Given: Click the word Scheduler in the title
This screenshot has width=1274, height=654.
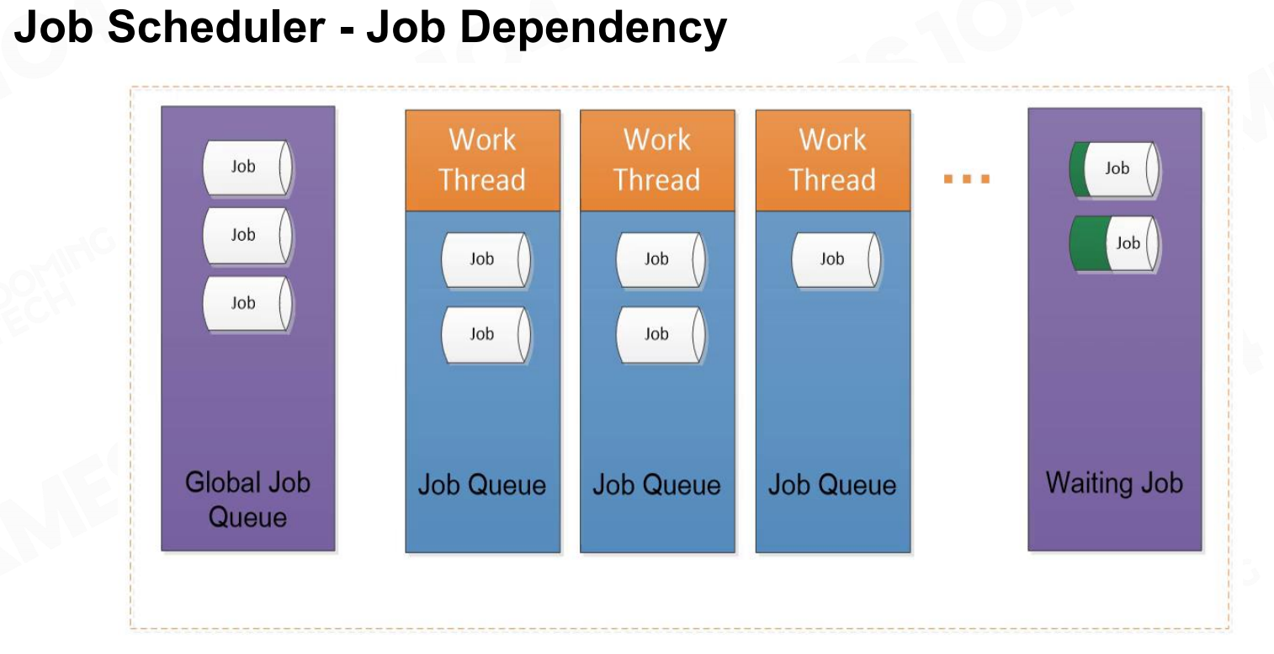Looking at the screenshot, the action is point(216,26).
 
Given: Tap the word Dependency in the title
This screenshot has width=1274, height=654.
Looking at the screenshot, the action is point(593,29).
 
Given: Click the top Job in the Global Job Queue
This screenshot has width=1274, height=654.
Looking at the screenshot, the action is point(247,167).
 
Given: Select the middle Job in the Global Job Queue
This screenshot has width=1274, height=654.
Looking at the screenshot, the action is point(247,236).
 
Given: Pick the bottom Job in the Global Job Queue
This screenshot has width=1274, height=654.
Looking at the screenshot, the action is point(247,304).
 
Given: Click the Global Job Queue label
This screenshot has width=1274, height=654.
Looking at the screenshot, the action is point(247,499).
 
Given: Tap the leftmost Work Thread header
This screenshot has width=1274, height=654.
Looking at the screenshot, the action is point(482,160).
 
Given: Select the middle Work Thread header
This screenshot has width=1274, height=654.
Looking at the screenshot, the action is point(657,160).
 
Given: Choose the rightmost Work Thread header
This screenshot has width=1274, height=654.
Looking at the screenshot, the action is point(833,160).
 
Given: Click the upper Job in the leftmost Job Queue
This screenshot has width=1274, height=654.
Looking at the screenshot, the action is point(486,260).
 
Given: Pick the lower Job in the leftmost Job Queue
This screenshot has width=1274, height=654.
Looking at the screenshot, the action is point(486,334).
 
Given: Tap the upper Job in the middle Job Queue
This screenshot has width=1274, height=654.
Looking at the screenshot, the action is point(661,260).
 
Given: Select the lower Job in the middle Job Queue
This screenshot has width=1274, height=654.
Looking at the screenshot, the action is point(661,334).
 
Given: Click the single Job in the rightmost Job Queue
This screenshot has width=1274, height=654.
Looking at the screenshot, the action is point(836,260).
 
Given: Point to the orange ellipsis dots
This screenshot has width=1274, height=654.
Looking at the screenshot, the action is point(966,179).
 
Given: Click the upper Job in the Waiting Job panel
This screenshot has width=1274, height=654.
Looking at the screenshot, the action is point(1115,169).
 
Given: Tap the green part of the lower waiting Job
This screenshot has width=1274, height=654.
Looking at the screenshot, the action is point(1090,243).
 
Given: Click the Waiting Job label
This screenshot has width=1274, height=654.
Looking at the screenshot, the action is point(1114,483).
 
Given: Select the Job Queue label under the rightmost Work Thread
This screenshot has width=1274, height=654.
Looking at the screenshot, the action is point(832,485).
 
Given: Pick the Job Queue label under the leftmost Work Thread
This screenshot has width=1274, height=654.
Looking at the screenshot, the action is point(481,485).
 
